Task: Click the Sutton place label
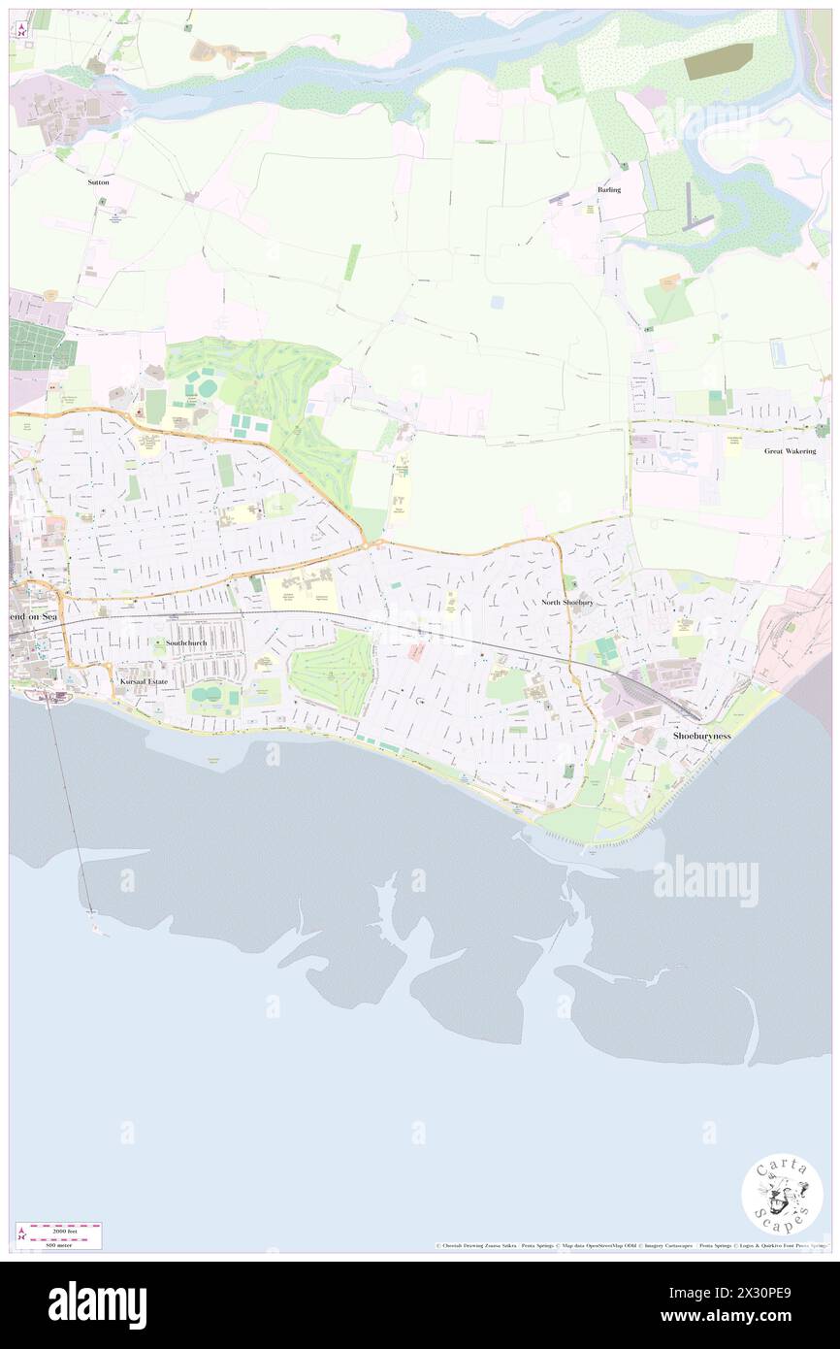(x=97, y=182)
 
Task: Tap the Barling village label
(x=609, y=190)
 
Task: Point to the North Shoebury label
(x=566, y=603)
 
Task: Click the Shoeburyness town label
(x=703, y=737)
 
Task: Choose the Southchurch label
(x=186, y=642)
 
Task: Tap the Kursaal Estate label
(x=144, y=682)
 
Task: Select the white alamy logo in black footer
(x=97, y=1305)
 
